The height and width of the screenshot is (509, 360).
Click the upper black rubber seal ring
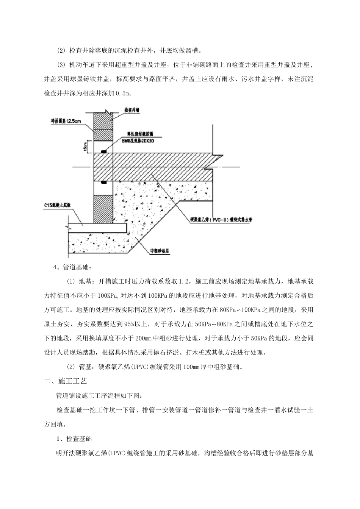click(103, 151)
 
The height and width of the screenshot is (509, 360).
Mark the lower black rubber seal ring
click(103, 183)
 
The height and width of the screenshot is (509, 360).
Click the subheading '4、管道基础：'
click(72, 267)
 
